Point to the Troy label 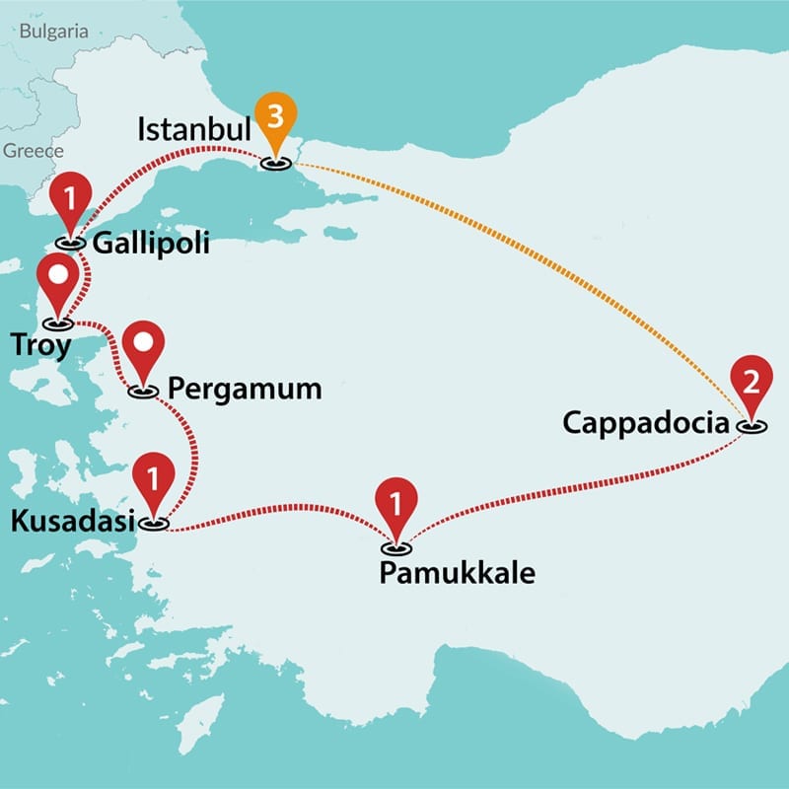click(40, 344)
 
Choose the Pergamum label click(245, 389)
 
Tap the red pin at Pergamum click(145, 347)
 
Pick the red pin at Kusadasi click(153, 478)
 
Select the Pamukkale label click(457, 572)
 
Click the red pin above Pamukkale click(396, 505)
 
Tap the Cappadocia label click(647, 423)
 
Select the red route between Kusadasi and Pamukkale click(276, 512)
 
